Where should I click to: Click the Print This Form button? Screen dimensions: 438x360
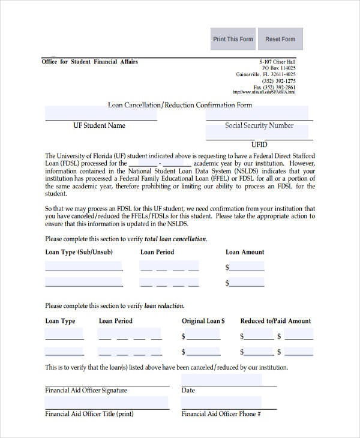tap(233, 39)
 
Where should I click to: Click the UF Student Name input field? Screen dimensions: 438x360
tap(101, 113)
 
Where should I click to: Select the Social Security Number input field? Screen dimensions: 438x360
tap(257, 113)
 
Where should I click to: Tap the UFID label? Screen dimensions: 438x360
tap(259, 145)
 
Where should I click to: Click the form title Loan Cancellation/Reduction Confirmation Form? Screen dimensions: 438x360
tap(180, 105)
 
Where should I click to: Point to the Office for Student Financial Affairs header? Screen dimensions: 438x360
tap(90, 62)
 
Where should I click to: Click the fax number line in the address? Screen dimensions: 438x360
tap(274, 87)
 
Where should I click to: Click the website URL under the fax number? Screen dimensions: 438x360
tap(263, 92)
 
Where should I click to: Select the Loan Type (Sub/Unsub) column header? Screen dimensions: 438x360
tap(79, 252)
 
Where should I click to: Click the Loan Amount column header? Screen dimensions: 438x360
tap(245, 252)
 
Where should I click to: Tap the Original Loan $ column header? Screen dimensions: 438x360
tap(203, 321)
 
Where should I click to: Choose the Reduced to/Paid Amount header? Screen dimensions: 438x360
tap(275, 321)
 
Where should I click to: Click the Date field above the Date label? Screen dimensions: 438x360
tap(221, 379)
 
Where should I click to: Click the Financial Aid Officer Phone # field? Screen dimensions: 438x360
tap(221, 402)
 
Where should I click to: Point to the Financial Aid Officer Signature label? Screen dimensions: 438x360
tap(86, 391)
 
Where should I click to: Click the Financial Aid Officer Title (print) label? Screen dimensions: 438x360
tap(89, 414)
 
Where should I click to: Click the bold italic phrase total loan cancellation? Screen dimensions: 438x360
tap(176, 239)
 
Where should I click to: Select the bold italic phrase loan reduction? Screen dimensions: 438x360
tap(164, 306)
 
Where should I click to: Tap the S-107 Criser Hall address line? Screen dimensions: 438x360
tap(277, 62)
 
